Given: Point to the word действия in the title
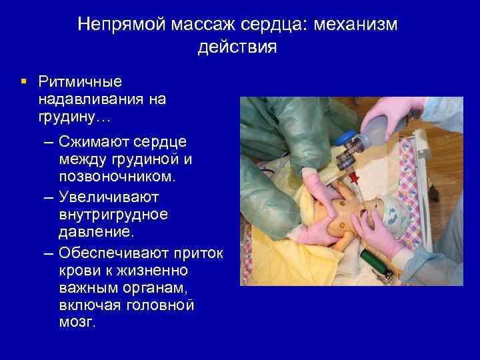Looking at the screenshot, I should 237,48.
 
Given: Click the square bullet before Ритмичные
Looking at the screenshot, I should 24,82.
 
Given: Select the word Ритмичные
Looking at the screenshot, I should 80,83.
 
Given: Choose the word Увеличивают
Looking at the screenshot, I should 108,197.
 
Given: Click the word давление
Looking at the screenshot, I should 89,233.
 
